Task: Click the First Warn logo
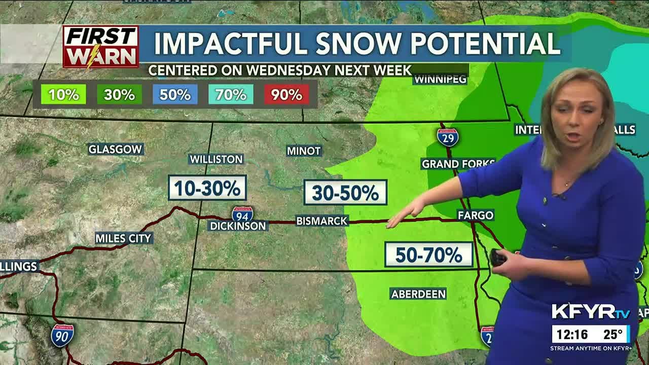(100, 47)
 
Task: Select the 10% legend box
(63, 95)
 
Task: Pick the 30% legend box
(119, 95)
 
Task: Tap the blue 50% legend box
(175, 95)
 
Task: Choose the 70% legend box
(231, 95)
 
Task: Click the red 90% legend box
(286, 95)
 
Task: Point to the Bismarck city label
(322, 221)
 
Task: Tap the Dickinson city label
(238, 226)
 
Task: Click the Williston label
(216, 159)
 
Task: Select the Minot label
(304, 151)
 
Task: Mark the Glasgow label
(116, 149)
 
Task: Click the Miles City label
(124, 238)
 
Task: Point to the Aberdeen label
(418, 294)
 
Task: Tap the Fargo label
(475, 215)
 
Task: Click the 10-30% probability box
(207, 188)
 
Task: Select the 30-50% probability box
(345, 193)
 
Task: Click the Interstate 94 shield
(242, 213)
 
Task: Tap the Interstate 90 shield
(62, 335)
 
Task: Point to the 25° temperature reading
(612, 335)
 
